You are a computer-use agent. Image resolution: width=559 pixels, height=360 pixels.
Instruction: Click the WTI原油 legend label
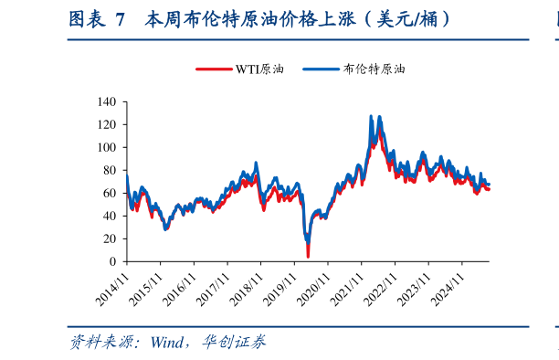tap(258, 69)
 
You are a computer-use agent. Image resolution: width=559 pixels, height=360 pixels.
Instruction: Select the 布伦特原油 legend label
tap(374, 69)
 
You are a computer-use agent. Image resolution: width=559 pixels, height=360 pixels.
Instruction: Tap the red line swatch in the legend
tap(215, 69)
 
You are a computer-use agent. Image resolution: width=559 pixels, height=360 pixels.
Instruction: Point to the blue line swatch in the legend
tap(321, 69)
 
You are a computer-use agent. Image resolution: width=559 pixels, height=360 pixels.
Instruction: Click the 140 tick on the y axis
tap(106, 102)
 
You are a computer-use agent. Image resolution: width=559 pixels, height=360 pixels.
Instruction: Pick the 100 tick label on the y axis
tap(106, 147)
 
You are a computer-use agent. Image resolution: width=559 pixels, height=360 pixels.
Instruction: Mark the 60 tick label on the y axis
tap(109, 193)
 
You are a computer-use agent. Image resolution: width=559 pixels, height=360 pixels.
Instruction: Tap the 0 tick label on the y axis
tap(112, 261)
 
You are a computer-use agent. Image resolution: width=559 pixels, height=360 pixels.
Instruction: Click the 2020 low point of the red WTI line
tap(308, 256)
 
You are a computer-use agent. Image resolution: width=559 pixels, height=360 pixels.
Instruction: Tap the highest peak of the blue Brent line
tap(371, 117)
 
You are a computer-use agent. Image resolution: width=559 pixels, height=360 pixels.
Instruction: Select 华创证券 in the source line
tap(235, 344)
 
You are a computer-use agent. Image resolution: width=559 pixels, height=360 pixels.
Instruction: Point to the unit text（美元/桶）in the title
tap(407, 19)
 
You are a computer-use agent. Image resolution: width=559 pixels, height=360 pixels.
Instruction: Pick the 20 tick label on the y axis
tap(109, 238)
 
